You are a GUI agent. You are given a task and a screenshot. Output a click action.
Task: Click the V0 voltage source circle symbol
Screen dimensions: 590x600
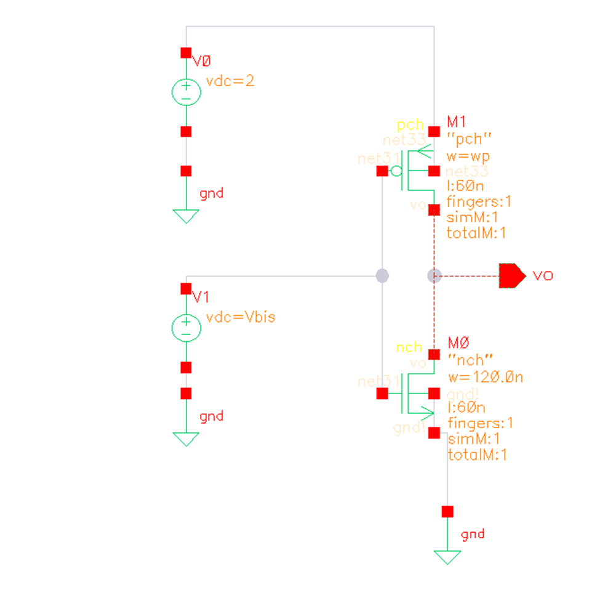186,92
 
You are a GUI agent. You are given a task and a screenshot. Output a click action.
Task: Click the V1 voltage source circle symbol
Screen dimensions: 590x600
186,328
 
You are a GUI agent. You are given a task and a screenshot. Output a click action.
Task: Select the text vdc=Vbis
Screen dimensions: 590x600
241,317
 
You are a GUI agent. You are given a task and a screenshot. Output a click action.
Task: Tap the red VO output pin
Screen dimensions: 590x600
511,275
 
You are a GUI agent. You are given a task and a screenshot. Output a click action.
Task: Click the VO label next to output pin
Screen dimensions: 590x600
543,275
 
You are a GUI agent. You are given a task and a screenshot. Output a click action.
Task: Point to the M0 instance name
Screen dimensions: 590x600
458,342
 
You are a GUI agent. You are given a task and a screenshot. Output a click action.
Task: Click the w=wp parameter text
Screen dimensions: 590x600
468,156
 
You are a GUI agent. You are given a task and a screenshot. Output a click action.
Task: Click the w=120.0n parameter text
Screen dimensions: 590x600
485,377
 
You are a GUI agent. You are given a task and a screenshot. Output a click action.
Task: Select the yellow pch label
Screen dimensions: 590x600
410,126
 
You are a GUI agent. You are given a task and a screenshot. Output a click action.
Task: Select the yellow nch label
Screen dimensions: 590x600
409,347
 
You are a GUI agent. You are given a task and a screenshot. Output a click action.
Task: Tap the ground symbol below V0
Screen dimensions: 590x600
186,216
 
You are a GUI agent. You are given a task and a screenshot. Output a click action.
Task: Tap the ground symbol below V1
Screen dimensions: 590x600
186,438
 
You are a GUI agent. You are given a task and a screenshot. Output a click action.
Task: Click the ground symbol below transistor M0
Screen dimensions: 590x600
447,557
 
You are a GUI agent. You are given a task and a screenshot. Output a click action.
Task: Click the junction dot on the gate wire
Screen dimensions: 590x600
382,275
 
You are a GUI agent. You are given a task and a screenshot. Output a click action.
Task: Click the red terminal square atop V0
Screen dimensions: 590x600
186,53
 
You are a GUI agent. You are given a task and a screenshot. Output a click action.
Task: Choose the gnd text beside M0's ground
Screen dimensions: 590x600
473,534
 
